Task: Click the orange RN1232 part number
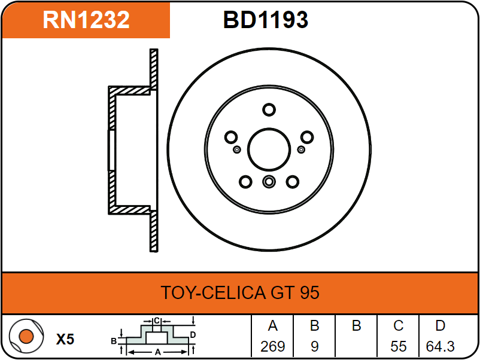[86, 20]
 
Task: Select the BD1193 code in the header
[266, 20]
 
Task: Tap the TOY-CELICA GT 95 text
[240, 293]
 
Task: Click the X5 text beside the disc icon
[65, 340]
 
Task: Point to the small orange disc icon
[26, 337]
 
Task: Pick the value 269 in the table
[273, 346]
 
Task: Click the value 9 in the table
[315, 346]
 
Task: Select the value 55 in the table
[398, 346]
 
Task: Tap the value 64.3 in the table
[440, 346]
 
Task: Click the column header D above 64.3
[440, 326]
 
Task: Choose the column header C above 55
[398, 326]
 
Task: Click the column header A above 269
[273, 326]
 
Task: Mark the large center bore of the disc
[269, 149]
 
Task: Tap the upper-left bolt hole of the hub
[231, 137]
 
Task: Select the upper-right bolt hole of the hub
[306, 137]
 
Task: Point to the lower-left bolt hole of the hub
[245, 181]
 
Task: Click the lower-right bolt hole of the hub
[292, 181]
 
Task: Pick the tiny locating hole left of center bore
[237, 149]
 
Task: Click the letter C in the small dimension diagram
[156, 321]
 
